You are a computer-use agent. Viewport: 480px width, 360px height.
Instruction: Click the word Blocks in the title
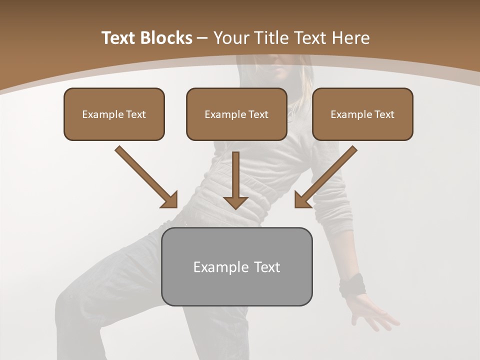167,38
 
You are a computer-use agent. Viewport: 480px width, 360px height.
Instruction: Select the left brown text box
114,114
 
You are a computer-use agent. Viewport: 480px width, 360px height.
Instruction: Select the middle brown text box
236,114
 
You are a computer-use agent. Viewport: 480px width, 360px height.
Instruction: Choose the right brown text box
362,114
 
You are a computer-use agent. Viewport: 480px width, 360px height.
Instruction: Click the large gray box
236,266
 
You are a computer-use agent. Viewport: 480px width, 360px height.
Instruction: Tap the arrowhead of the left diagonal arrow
170,200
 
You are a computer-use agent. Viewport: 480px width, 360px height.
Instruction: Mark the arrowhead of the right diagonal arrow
301,200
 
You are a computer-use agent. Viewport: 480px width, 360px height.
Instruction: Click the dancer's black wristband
352,284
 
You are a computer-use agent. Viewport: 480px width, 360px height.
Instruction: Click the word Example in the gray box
214,267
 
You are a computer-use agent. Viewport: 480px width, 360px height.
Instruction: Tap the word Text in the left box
136,114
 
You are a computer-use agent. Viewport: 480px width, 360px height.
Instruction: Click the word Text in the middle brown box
258,114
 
